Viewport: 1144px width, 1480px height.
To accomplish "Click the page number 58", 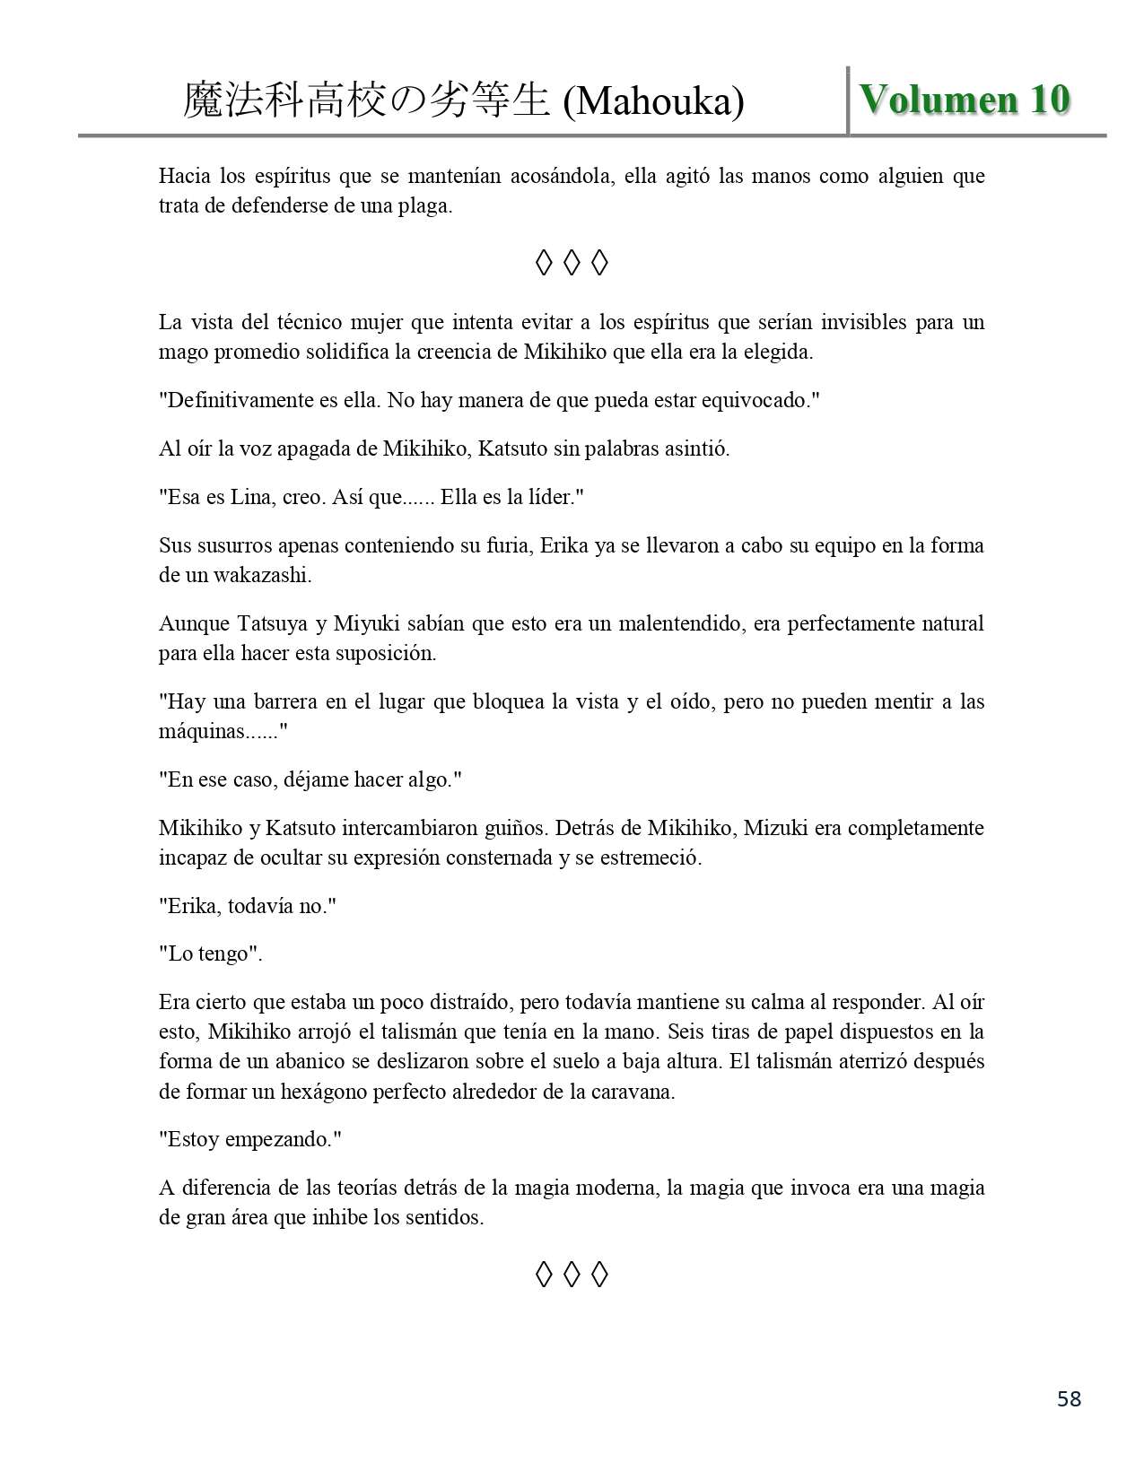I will point(1069,1398).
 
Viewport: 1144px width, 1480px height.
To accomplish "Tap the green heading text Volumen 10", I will point(965,100).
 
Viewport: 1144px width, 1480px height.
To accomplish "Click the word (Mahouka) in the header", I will point(653,102).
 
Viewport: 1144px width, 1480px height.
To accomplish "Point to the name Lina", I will point(257,497).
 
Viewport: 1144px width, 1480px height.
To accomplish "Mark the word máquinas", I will point(202,732).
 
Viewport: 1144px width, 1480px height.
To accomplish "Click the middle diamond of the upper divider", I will point(572,263).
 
